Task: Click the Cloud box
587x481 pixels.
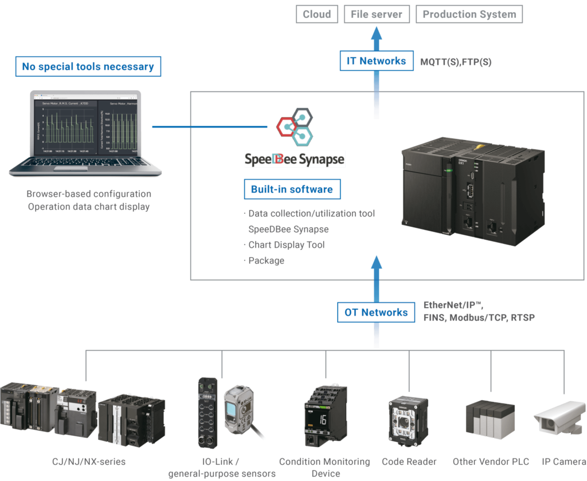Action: [317, 14]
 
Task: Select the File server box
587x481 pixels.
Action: [377, 14]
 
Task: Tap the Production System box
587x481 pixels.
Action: [469, 14]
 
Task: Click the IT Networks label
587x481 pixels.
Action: [377, 61]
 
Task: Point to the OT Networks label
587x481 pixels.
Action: [376, 313]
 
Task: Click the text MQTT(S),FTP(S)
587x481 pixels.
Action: [456, 62]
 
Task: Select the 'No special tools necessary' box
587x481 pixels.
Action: [88, 67]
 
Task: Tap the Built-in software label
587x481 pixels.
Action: [292, 189]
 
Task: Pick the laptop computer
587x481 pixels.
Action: [86, 134]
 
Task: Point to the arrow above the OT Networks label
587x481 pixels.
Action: [376, 276]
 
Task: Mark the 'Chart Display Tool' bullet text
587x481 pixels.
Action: [287, 245]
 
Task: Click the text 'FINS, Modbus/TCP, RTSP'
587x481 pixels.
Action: [479, 317]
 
